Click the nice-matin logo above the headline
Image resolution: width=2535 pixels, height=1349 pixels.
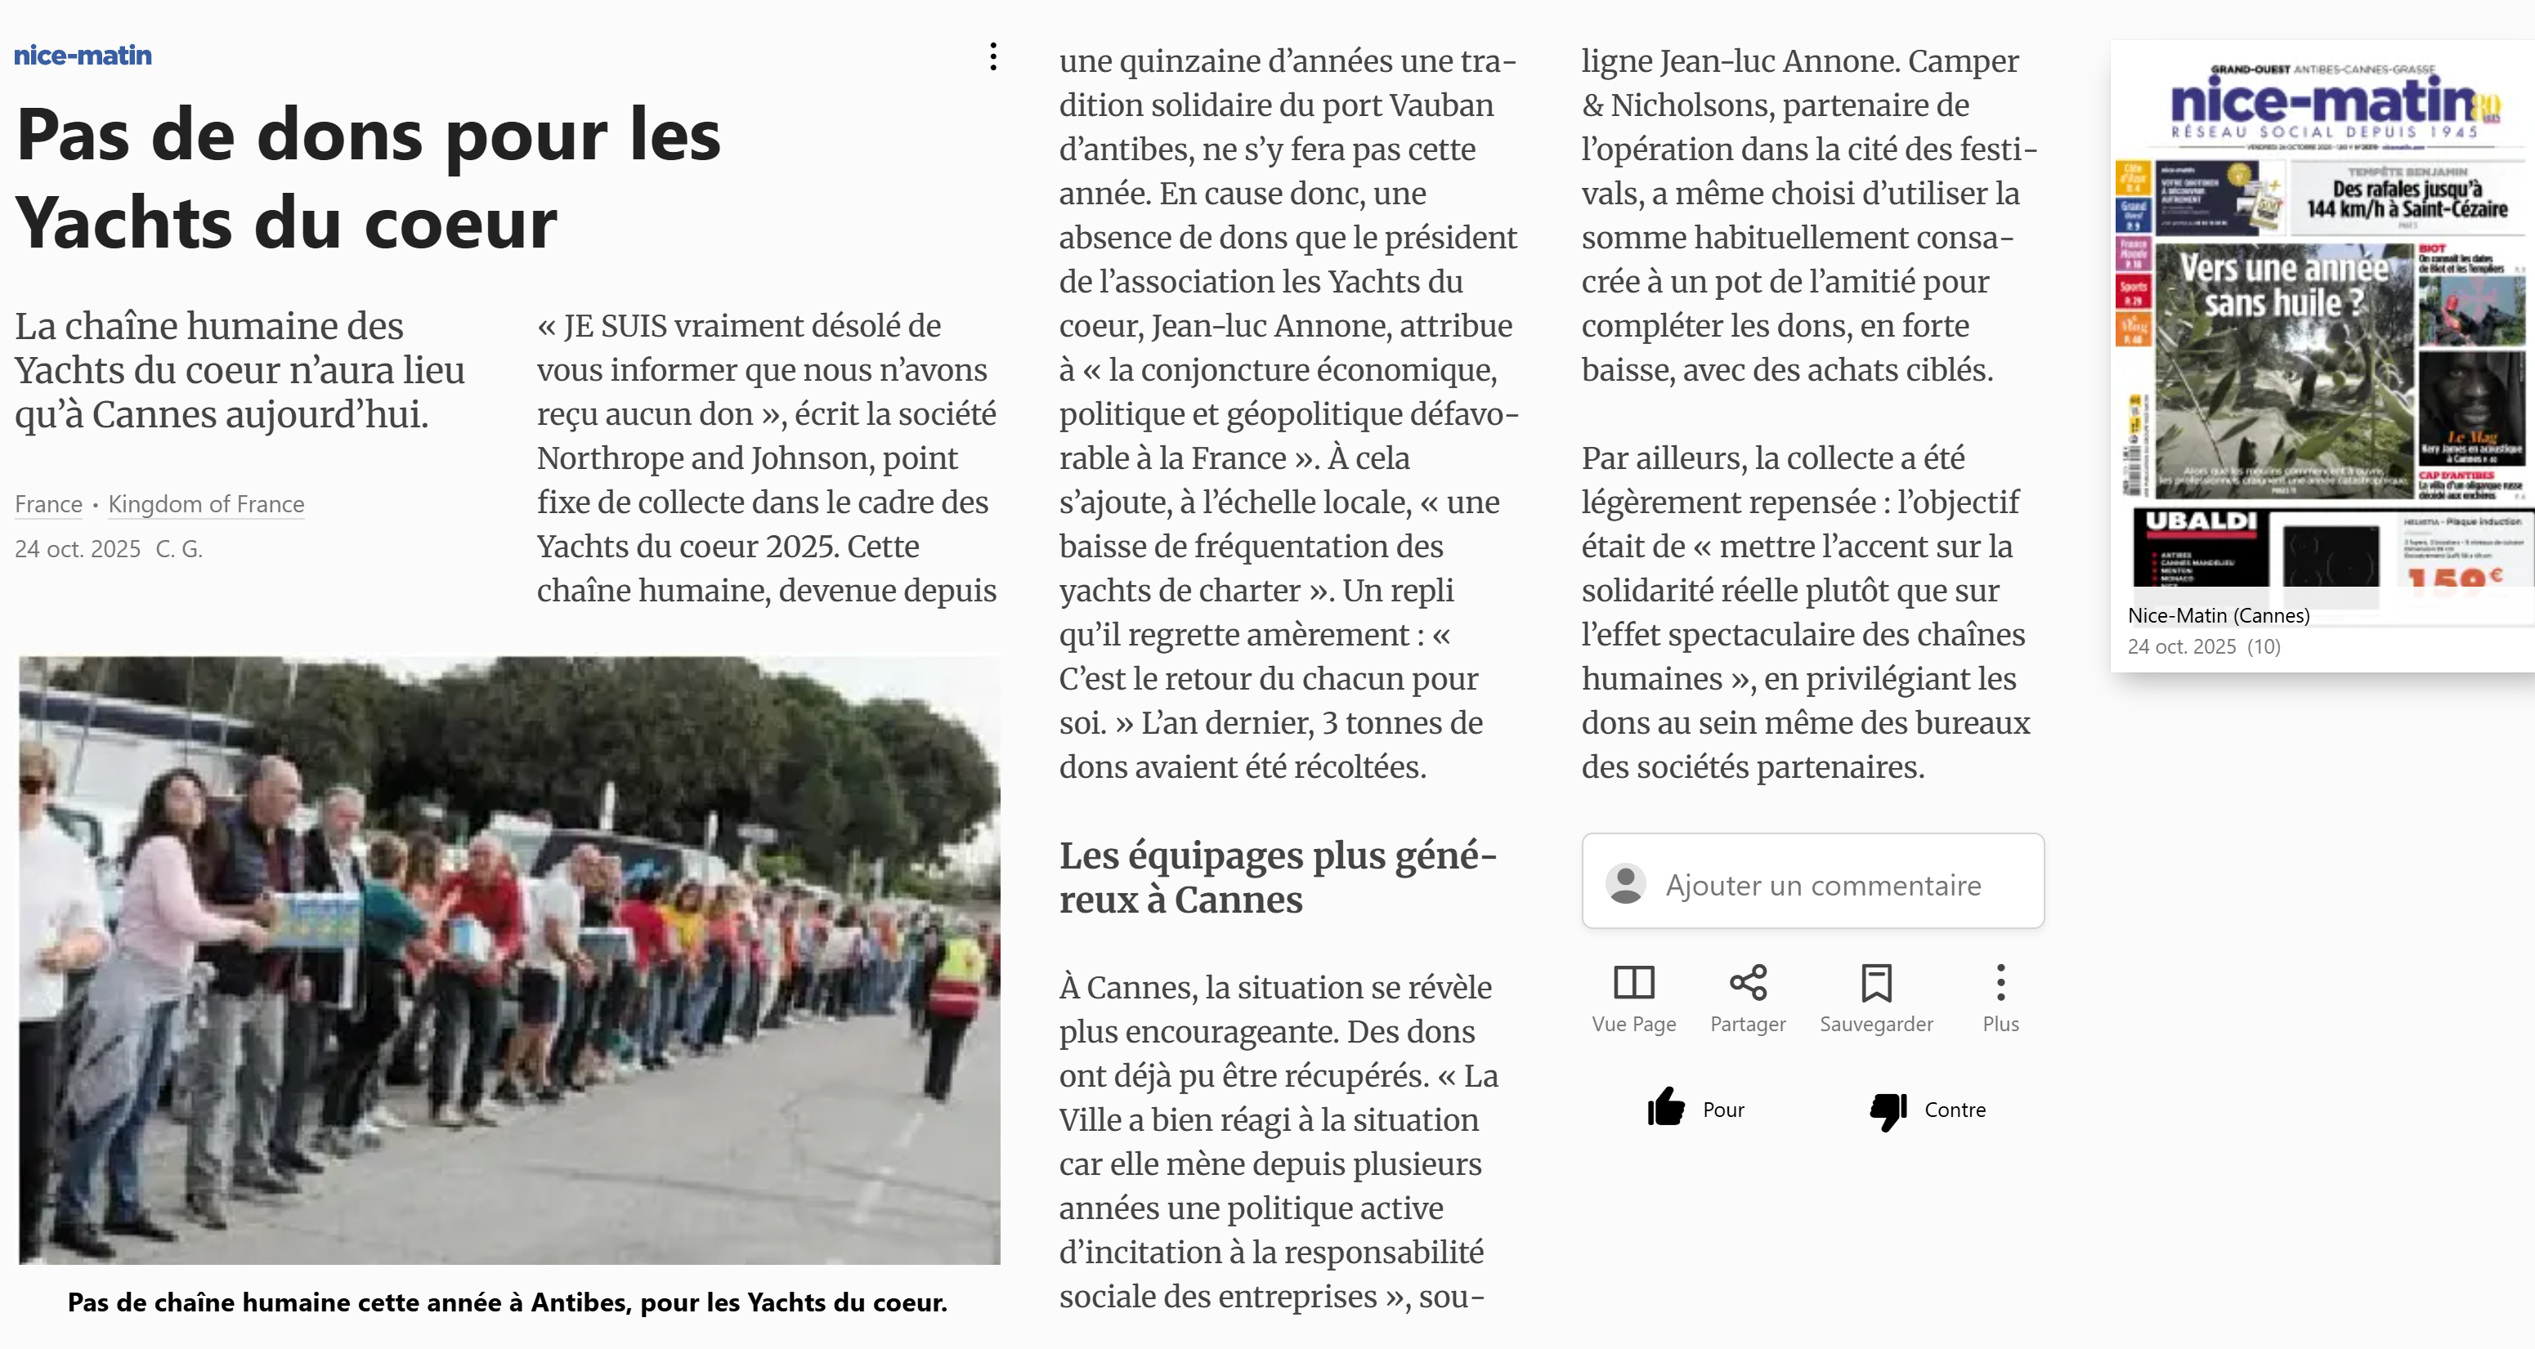[x=83, y=55]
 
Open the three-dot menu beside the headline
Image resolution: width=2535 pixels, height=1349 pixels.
[x=993, y=57]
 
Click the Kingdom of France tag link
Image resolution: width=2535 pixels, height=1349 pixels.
[x=206, y=504]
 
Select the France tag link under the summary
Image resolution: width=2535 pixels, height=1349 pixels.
[x=48, y=504]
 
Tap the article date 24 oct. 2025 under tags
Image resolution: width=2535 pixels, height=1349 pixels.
[x=78, y=549]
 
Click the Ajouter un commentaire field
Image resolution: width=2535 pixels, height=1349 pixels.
[x=1821, y=885]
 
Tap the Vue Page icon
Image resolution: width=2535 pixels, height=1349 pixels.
[x=1633, y=983]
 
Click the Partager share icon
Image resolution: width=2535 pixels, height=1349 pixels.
[x=1748, y=983]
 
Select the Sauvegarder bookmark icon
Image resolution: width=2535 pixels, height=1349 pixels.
[x=1875, y=983]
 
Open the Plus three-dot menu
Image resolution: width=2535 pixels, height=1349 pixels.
[x=2000, y=983]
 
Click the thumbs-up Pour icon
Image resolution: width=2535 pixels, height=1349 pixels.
[x=1666, y=1108]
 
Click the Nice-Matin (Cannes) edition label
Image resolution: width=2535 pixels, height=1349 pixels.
[x=2218, y=616]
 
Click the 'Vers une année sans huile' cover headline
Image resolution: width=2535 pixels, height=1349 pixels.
[x=2282, y=285]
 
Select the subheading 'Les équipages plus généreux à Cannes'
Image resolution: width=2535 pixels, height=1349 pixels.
[x=1278, y=877]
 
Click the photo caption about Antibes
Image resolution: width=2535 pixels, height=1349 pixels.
[x=507, y=1302]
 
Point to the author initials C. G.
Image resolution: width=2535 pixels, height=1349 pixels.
[x=179, y=549]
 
